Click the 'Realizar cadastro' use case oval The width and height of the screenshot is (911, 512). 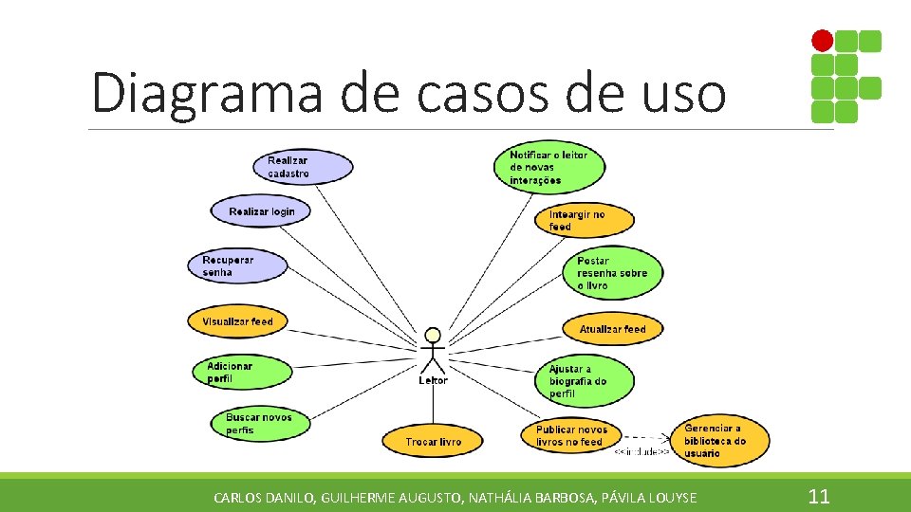(x=303, y=167)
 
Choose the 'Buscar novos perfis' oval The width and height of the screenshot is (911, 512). (x=260, y=424)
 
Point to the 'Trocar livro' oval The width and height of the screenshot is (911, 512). (x=433, y=441)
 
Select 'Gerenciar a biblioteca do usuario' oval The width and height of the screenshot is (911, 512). (x=719, y=441)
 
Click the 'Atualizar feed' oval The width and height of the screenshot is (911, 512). (x=612, y=329)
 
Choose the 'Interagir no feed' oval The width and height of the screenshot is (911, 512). (x=585, y=221)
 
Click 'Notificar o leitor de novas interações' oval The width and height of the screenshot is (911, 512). (x=550, y=168)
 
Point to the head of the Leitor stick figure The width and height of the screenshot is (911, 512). (x=433, y=335)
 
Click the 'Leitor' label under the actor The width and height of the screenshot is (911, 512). (x=433, y=380)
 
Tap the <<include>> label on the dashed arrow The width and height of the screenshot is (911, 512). (x=641, y=452)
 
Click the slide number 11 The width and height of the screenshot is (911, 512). (x=818, y=496)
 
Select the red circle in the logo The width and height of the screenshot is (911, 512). (x=822, y=41)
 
